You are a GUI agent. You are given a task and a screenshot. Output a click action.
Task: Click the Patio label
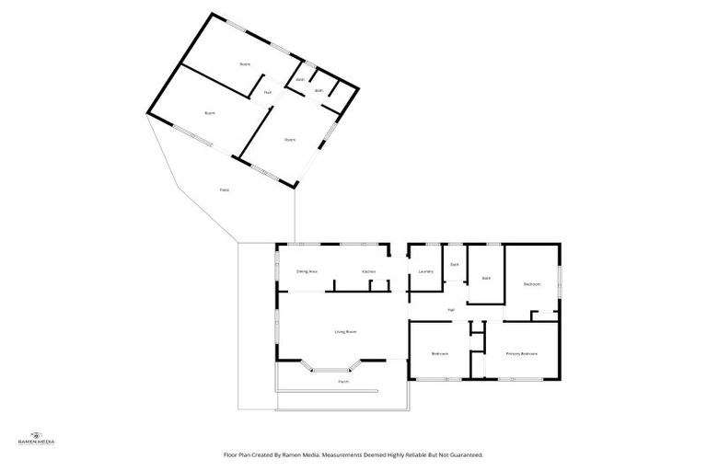click(224, 190)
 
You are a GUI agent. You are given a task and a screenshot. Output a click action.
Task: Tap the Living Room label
click(345, 331)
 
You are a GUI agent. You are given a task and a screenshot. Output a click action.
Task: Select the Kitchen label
click(368, 271)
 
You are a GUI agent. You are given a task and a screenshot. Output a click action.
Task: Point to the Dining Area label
click(307, 271)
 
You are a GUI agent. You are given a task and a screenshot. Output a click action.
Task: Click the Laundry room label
click(425, 271)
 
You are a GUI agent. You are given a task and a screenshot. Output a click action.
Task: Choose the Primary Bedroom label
click(521, 354)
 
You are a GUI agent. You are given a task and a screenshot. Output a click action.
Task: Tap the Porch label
click(342, 381)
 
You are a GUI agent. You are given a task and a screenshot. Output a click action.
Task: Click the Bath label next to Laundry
click(454, 265)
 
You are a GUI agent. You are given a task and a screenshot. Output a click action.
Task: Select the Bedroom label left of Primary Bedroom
click(440, 354)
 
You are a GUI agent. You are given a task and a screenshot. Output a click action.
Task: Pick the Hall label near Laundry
click(451, 309)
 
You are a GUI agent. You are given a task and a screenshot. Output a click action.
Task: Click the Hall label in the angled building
click(268, 92)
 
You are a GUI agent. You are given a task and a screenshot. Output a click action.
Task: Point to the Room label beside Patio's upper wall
click(210, 112)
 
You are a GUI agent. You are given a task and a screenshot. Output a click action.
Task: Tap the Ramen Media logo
click(37, 438)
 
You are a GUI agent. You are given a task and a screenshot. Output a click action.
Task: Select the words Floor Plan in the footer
click(238, 454)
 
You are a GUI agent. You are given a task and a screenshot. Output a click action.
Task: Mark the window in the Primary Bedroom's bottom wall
click(521, 378)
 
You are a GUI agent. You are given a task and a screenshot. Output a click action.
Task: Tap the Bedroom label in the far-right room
click(532, 284)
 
